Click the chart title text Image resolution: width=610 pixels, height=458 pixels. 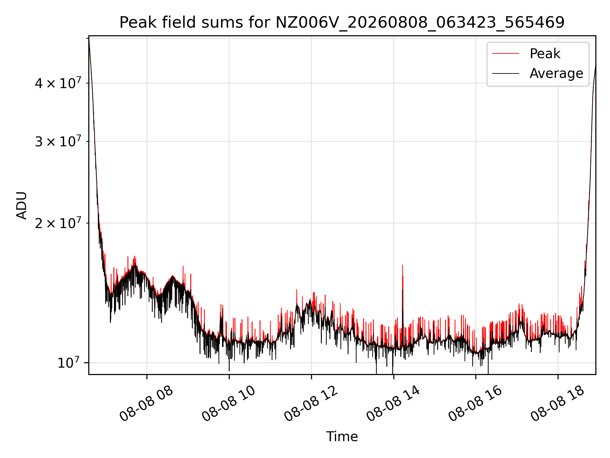coord(342,23)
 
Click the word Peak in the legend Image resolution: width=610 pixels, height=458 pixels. coord(545,53)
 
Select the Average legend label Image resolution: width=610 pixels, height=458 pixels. coord(556,73)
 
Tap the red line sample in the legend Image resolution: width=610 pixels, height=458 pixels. coord(505,53)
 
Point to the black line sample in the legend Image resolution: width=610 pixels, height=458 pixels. coord(505,73)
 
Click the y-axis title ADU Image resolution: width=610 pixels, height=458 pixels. coord(22,205)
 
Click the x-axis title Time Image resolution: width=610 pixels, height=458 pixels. coord(342,437)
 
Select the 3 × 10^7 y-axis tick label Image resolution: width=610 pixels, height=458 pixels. coord(58,141)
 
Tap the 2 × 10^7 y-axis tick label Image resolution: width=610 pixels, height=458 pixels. coord(58,223)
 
